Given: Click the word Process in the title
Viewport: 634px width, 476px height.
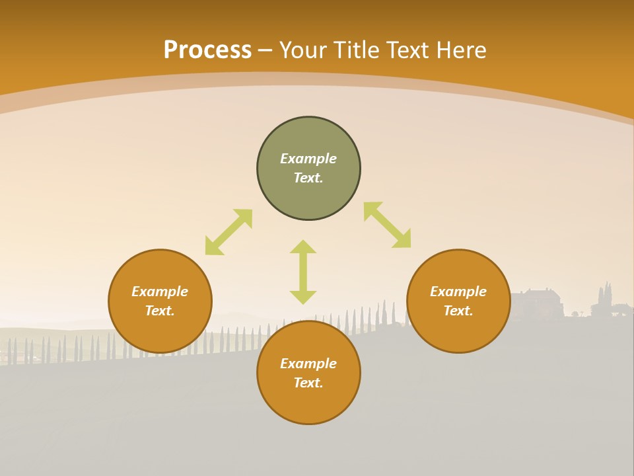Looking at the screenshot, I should pos(207,50).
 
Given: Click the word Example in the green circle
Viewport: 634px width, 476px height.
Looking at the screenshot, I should pos(308,159).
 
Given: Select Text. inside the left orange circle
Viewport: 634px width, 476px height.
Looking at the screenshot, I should pos(160,311).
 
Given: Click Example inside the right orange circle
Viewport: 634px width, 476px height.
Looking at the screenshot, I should pos(458,292).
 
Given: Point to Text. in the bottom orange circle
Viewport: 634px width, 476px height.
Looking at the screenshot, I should pos(308,383).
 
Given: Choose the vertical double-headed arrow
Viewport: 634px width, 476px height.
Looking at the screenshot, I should pos(303,272).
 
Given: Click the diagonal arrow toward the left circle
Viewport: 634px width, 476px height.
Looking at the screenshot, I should pos(229,232).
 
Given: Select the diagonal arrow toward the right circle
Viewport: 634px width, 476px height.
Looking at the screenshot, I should pos(387,225).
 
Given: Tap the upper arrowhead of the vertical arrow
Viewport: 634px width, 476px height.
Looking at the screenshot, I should pos(303,247).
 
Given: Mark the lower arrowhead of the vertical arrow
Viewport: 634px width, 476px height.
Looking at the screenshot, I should pos(303,297).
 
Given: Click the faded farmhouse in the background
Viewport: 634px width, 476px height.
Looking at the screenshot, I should pos(538,303).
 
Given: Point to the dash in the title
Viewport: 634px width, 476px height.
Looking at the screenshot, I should pos(265,50).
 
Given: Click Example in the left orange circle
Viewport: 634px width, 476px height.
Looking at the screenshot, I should pos(160,292).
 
